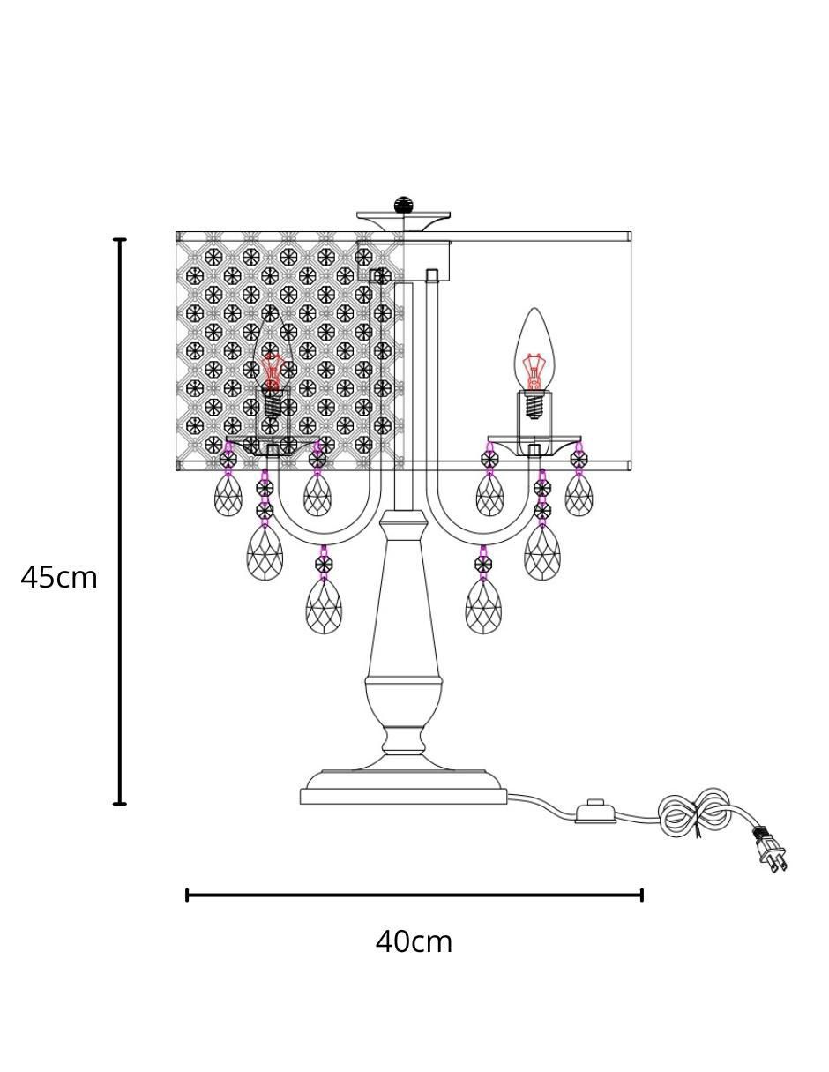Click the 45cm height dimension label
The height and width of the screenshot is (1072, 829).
(x=59, y=578)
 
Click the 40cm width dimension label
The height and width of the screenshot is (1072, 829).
(x=414, y=942)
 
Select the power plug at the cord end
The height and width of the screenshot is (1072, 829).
(x=770, y=849)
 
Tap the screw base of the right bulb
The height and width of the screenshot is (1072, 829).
(x=534, y=405)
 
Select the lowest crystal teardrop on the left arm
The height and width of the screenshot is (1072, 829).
(x=324, y=606)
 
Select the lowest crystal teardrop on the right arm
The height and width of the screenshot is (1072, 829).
(x=483, y=606)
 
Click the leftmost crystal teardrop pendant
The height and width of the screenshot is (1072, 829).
(x=228, y=495)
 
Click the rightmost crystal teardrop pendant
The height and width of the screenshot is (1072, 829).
(x=579, y=495)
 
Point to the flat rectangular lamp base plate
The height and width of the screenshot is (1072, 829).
(x=403, y=796)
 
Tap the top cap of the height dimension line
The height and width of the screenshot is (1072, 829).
(x=120, y=239)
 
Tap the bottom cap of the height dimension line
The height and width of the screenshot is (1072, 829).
(x=120, y=804)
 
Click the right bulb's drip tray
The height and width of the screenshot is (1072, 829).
(x=534, y=446)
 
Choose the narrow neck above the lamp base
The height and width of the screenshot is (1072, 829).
(x=403, y=740)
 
